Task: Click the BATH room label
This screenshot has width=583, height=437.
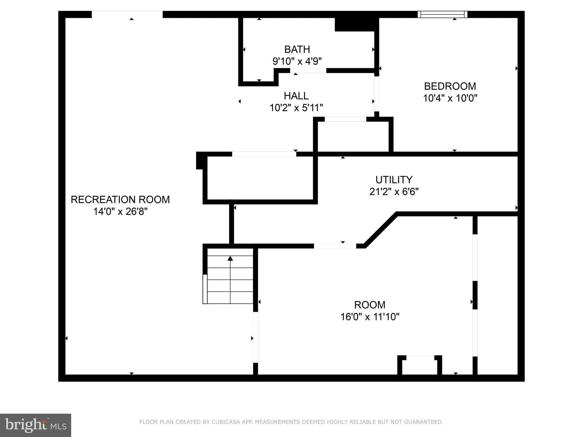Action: point(297,50)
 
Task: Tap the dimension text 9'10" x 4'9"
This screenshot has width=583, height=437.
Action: point(297,61)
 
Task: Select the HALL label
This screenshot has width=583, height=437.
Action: point(296,96)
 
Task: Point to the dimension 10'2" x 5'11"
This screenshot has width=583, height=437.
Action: point(296,108)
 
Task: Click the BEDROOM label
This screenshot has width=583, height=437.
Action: point(450,86)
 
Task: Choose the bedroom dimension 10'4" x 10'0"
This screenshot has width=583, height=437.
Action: point(450,98)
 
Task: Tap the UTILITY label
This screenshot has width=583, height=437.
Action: point(394,180)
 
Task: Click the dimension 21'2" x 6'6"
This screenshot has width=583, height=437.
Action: point(394,192)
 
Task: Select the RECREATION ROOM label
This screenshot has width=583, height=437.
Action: point(120,200)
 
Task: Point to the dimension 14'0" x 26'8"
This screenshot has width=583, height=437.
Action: point(120,212)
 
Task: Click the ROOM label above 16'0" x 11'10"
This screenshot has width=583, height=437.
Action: point(369,305)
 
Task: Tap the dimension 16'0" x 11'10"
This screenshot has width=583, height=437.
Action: point(369,317)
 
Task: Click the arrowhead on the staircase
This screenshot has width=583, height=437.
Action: point(230,258)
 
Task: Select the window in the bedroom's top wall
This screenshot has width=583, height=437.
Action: point(442,14)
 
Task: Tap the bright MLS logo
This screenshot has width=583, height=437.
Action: point(36,425)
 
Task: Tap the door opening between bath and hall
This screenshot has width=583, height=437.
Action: point(308,71)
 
